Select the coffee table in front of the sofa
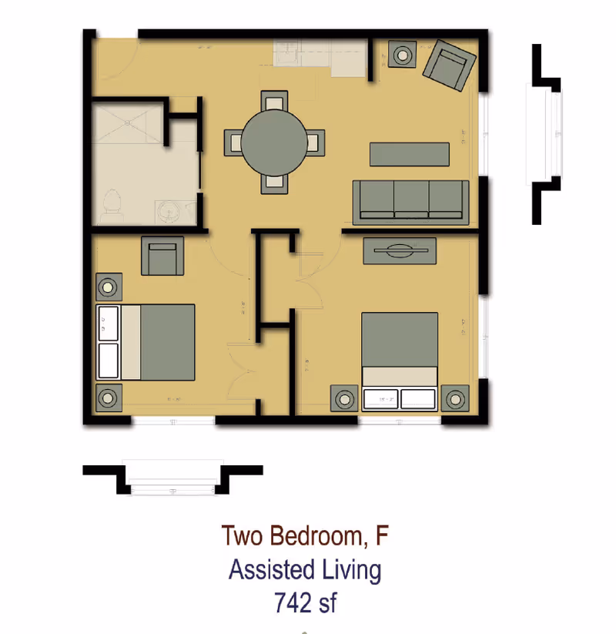coord(409,154)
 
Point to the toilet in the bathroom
coord(112,206)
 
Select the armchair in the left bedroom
coord(162,257)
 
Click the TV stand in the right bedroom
coord(400,250)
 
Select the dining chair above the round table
coord(274,102)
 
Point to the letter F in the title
coord(382,535)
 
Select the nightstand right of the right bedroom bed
coord(456,399)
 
